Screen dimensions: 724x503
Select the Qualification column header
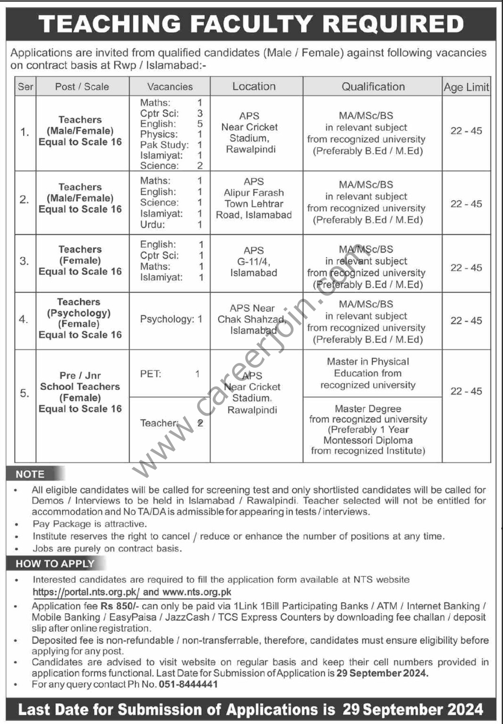(x=373, y=87)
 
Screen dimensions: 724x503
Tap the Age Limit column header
(x=466, y=87)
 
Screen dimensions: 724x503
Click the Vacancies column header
(x=170, y=87)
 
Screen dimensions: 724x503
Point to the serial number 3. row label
(x=25, y=261)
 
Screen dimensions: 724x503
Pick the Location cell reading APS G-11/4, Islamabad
(x=253, y=262)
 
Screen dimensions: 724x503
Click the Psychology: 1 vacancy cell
(x=171, y=319)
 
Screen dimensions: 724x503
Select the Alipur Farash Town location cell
(x=253, y=198)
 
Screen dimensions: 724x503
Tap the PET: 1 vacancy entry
(x=169, y=374)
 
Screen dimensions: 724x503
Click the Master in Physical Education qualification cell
(x=368, y=373)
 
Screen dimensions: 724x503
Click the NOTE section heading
(x=30, y=474)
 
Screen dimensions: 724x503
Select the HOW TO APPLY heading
(x=55, y=563)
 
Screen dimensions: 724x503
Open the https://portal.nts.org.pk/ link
(x=85, y=592)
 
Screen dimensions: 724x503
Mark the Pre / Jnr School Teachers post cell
(x=80, y=392)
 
